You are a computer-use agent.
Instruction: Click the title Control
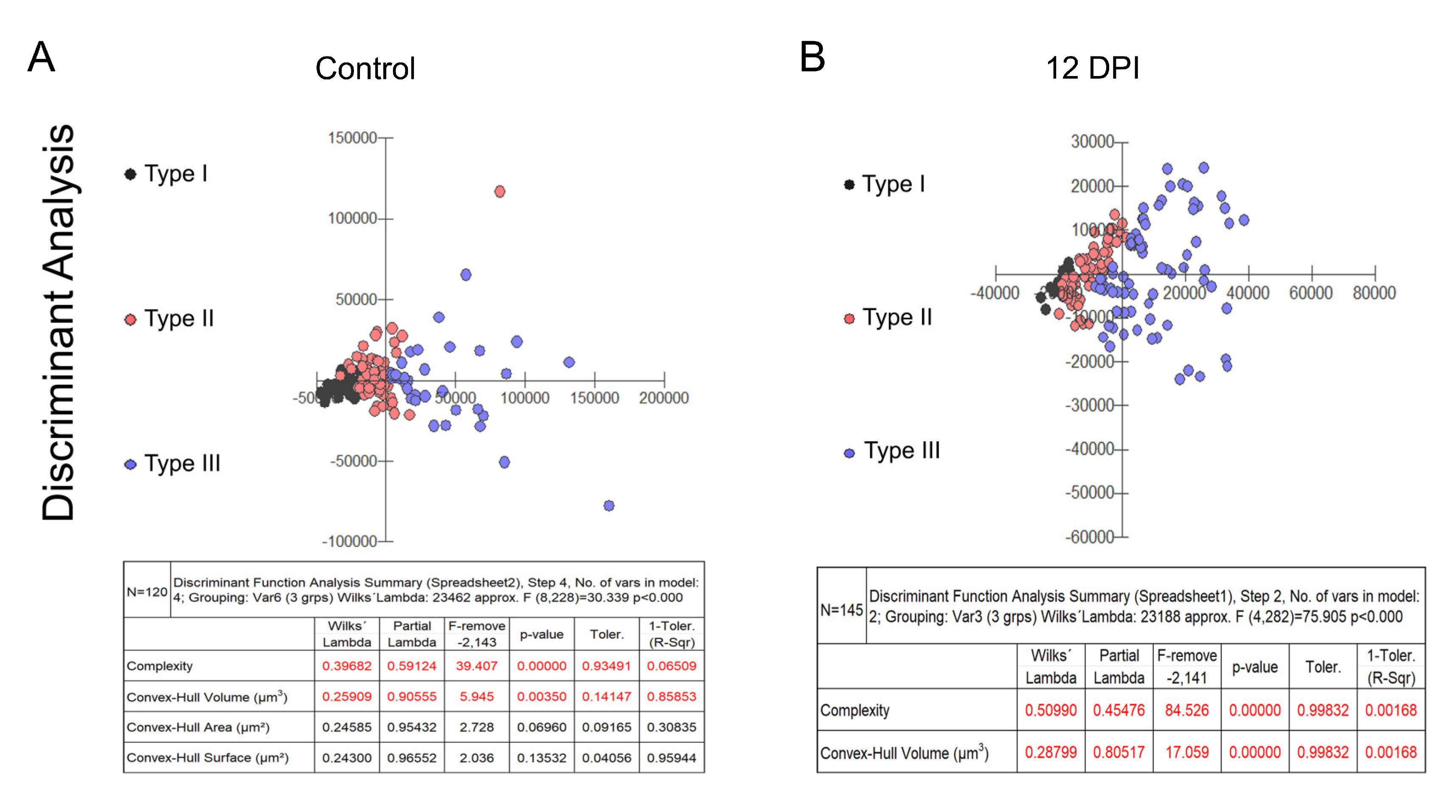365,69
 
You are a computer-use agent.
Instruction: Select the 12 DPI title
1092,68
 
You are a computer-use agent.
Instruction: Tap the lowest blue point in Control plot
609,505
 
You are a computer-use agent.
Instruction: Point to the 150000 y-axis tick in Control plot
353,138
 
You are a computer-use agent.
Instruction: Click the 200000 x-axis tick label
663,398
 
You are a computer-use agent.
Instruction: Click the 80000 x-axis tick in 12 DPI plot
1374,293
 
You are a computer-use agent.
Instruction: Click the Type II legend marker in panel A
130,320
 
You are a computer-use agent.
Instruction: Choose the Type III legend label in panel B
902,451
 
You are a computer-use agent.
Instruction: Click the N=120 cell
146,591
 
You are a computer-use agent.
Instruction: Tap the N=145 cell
841,610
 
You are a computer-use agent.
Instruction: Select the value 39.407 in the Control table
476,666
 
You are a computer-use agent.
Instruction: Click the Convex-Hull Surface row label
207,758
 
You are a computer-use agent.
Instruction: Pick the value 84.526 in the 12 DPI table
1187,710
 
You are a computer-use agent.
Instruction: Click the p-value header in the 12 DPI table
1254,667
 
